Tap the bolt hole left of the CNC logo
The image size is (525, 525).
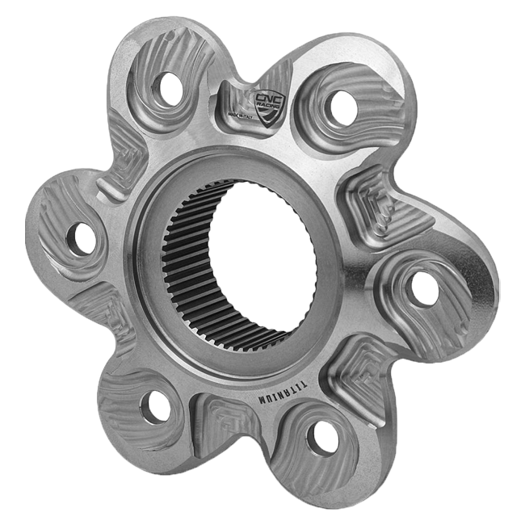coord(169,88)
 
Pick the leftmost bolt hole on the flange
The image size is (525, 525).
coord(81,238)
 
